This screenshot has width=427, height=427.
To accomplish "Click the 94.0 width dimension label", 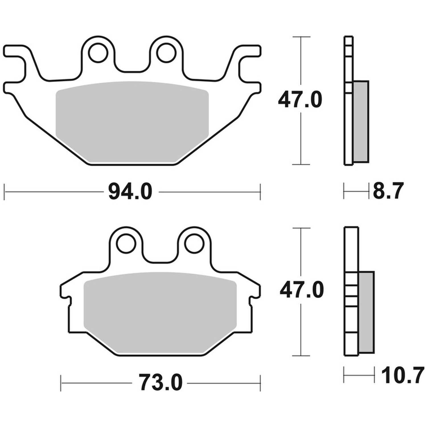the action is pos(130,192).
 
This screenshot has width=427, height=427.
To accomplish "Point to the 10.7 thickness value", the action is pos(401,376).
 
